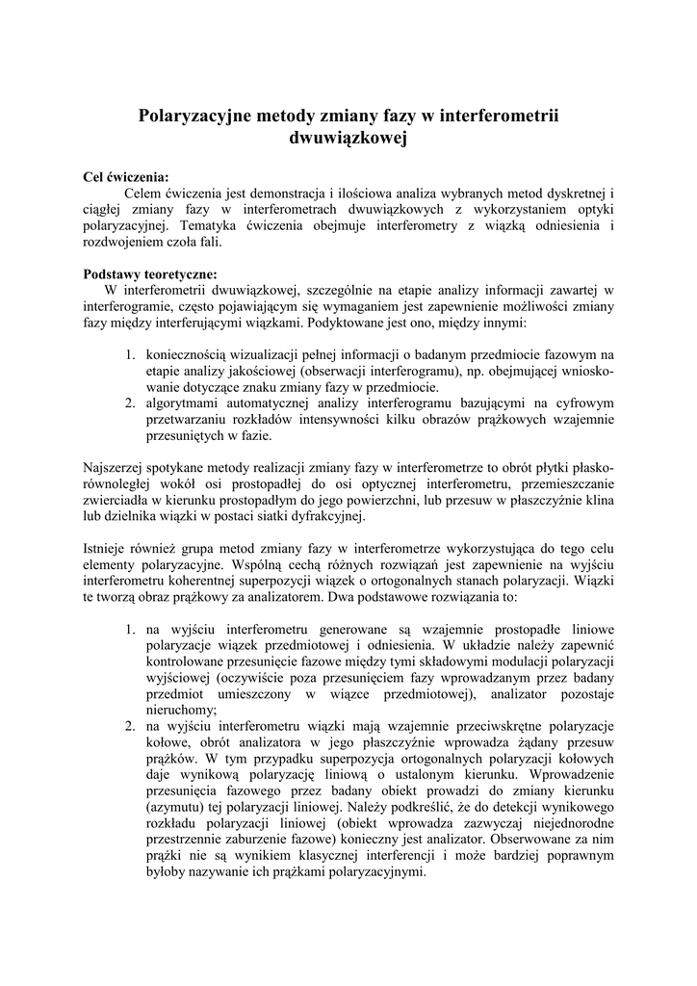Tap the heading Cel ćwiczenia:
pyautogui.click(x=126, y=177)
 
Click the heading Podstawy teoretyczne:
pyautogui.click(x=150, y=272)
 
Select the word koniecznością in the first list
pyautogui.click(x=189, y=354)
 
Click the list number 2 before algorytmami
pyautogui.click(x=130, y=403)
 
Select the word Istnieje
pyautogui.click(x=108, y=550)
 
